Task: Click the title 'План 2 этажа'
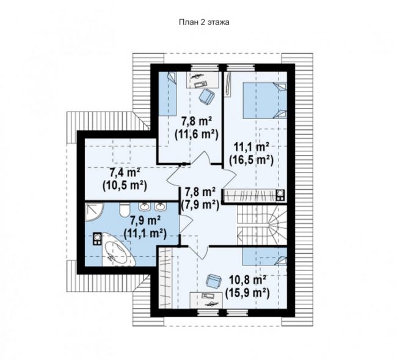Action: point(204,22)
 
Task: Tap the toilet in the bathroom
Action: point(125,210)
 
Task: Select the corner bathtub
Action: point(117,250)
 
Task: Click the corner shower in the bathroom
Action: point(94,212)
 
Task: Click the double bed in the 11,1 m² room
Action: point(265,100)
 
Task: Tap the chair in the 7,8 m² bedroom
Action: point(207,96)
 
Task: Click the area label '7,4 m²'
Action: point(125,173)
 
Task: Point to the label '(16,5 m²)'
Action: point(251,160)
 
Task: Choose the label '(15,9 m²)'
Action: point(247,293)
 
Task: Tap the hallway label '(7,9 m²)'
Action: point(200,205)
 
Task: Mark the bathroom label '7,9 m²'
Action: point(145,221)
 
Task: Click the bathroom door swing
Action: point(186,224)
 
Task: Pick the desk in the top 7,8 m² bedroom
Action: point(203,80)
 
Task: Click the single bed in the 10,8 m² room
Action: point(265,256)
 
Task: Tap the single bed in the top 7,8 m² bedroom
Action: point(167,93)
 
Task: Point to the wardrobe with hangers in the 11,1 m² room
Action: point(254,196)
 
